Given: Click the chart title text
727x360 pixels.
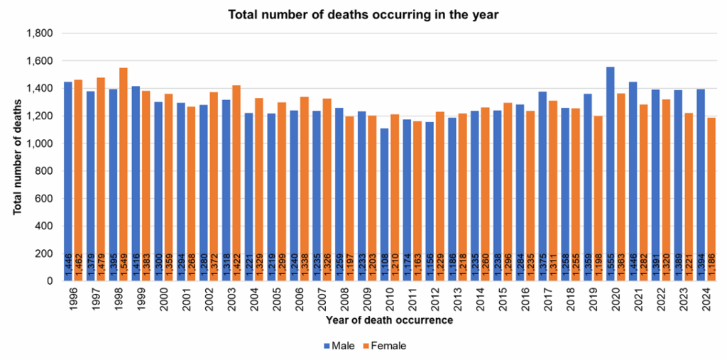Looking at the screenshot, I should (363, 15).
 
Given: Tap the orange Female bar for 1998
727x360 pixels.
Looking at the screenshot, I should (124, 170).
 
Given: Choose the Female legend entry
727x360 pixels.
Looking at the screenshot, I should (386, 346).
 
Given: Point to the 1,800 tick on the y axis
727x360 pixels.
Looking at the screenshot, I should (40, 33).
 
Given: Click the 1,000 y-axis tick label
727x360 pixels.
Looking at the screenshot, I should (40, 143).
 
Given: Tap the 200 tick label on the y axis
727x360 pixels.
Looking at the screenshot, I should (45, 253).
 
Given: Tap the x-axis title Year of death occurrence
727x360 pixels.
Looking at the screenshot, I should (389, 321).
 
